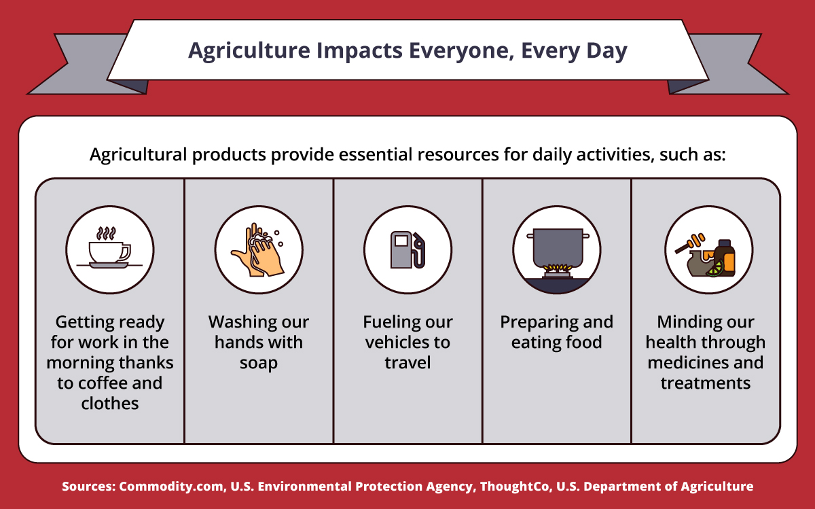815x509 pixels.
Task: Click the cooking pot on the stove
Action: (558, 247)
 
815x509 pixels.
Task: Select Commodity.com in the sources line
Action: (171, 487)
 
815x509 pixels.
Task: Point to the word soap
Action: (259, 363)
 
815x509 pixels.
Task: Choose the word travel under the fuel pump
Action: (407, 363)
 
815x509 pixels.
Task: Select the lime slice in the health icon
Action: (714, 269)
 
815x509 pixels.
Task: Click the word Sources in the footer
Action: (88, 487)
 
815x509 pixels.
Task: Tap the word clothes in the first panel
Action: (110, 404)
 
